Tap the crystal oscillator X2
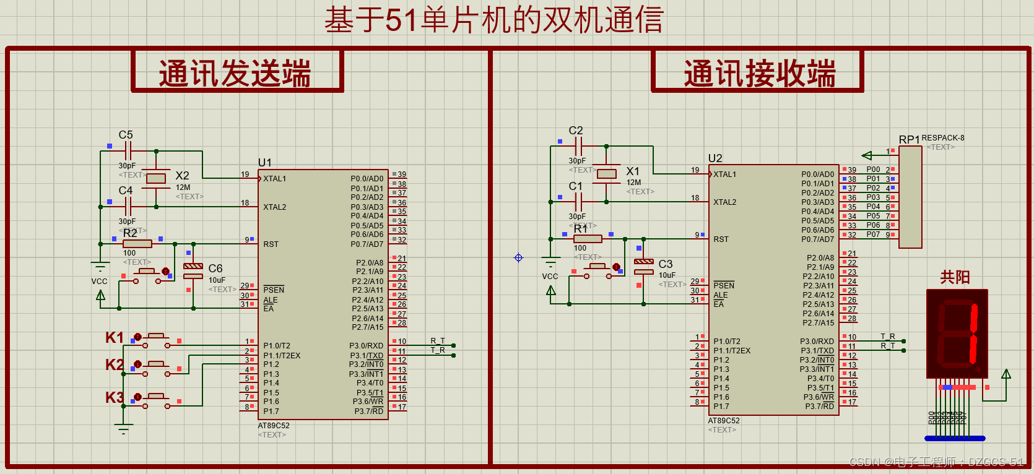pyautogui.click(x=156, y=179)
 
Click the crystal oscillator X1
pyautogui.click(x=607, y=174)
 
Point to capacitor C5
pyautogui.click(x=128, y=150)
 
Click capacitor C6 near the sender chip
pyautogui.click(x=193, y=270)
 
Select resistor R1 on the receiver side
pyautogui.click(x=588, y=239)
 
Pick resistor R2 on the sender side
pyautogui.click(x=137, y=244)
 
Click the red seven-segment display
pyautogui.click(x=957, y=334)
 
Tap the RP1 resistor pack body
pyautogui.click(x=910, y=197)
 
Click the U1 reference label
pyautogui.click(x=265, y=163)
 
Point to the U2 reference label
pyautogui.click(x=715, y=158)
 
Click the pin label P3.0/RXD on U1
pyautogui.click(x=366, y=346)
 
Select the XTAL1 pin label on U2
pyautogui.click(x=724, y=175)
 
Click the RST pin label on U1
pyautogui.click(x=271, y=244)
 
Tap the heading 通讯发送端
pyautogui.click(x=235, y=74)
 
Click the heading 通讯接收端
pyautogui.click(x=759, y=74)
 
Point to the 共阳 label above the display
pyautogui.click(x=955, y=277)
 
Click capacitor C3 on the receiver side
pyautogui.click(x=644, y=266)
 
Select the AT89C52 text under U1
pyautogui.click(x=274, y=426)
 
